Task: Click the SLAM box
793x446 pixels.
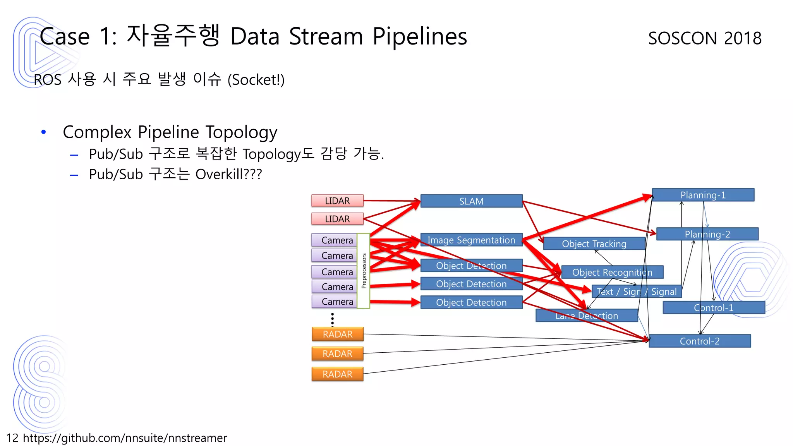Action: pyautogui.click(x=471, y=201)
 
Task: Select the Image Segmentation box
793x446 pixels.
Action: pyautogui.click(x=471, y=240)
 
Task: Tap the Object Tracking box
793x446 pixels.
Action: pyautogui.click(x=594, y=244)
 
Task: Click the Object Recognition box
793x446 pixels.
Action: pyautogui.click(x=612, y=272)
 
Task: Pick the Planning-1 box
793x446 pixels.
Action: pyautogui.click(x=703, y=195)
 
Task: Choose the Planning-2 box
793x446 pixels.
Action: pyautogui.click(x=707, y=234)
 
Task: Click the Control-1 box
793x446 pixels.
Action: pyautogui.click(x=714, y=308)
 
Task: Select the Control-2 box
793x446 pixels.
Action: pyautogui.click(x=699, y=341)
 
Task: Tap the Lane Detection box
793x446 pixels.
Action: pyautogui.click(x=586, y=316)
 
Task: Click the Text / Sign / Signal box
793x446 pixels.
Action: pyautogui.click(x=636, y=291)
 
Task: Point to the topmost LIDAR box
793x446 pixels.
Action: pyautogui.click(x=337, y=201)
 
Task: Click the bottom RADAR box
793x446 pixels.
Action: pyautogui.click(x=337, y=374)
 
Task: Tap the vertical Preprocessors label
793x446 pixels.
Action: pyautogui.click(x=364, y=271)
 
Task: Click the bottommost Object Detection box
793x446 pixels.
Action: pyautogui.click(x=471, y=302)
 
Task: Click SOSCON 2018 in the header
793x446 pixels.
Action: pyautogui.click(x=705, y=38)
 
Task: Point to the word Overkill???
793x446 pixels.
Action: pyautogui.click(x=228, y=174)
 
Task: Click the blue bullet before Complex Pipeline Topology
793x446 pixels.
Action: pyautogui.click(x=44, y=132)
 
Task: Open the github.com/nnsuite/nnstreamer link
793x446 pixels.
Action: pyautogui.click(x=125, y=438)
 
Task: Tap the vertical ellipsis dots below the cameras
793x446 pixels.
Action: pyautogui.click(x=332, y=319)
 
